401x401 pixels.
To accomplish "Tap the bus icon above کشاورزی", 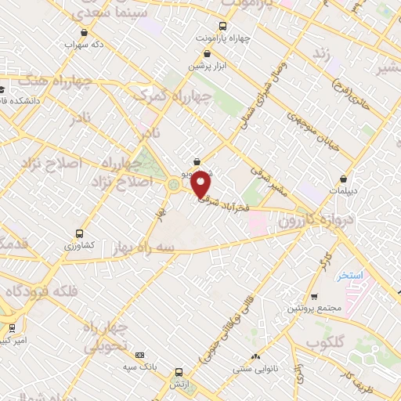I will tap(79, 233).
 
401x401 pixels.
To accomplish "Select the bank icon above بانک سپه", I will tap(140, 355).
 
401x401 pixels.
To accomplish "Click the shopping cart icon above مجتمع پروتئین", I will tap(314, 297).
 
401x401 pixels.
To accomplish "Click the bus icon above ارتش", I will tap(179, 373).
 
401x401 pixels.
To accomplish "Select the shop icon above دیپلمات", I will tap(344, 178).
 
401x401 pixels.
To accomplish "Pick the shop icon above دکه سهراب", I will tap(83, 32).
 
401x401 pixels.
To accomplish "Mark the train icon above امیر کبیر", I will tap(11, 327).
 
